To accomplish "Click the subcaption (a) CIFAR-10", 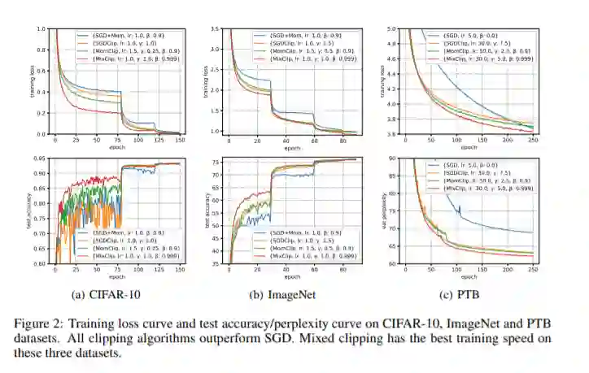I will point(106,294).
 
